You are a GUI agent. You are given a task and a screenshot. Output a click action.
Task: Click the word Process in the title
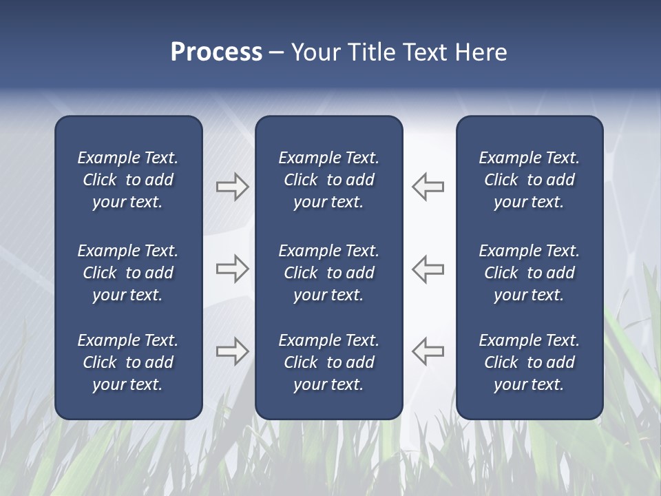[x=216, y=52]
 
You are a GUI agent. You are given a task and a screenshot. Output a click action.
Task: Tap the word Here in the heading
[x=481, y=52]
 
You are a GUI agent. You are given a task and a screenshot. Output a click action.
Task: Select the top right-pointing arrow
[x=233, y=187]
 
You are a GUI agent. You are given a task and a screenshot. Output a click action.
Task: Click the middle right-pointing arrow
[x=233, y=269]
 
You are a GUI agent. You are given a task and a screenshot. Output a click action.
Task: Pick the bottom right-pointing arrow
[x=233, y=351]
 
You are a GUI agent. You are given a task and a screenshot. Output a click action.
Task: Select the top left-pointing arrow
[x=428, y=187]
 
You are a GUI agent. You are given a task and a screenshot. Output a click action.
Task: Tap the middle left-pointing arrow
[x=428, y=269]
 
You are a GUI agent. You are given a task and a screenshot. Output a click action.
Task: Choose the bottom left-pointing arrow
[x=428, y=351]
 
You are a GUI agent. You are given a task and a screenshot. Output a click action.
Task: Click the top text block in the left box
[x=128, y=180]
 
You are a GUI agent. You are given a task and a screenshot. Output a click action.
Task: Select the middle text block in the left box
[x=128, y=273]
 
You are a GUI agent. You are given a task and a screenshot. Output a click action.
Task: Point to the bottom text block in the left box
[x=128, y=362]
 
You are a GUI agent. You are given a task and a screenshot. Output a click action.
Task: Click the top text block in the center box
[x=328, y=180]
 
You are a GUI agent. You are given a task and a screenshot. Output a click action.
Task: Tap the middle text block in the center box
[x=328, y=273]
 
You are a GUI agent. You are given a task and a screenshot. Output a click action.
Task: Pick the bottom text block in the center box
[x=328, y=362]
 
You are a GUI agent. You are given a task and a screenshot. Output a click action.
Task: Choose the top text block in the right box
[x=529, y=180]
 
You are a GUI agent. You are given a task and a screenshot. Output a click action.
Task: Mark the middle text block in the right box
[x=529, y=273]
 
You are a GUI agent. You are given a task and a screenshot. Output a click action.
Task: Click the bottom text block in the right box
[x=529, y=362]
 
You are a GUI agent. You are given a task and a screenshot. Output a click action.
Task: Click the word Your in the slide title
[x=316, y=52]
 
